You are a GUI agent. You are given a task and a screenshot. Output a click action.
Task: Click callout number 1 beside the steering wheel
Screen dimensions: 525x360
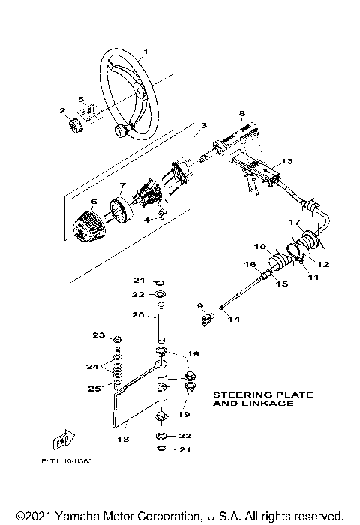[x=145, y=52]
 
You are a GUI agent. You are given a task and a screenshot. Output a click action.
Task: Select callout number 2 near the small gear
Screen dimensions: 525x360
[x=62, y=110]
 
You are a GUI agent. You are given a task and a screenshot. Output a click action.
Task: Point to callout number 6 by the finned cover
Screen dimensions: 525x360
[x=94, y=202]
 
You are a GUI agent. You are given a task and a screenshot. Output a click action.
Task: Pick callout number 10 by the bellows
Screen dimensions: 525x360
[x=260, y=246]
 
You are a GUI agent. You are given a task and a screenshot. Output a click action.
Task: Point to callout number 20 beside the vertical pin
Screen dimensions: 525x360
[x=137, y=315]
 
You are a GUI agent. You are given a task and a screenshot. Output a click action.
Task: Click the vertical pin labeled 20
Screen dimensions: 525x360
[x=160, y=322]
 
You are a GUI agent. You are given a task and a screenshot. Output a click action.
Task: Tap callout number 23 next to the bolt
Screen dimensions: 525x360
[x=97, y=334]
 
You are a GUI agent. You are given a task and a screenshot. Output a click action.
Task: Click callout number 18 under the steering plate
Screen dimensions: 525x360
[x=124, y=440]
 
